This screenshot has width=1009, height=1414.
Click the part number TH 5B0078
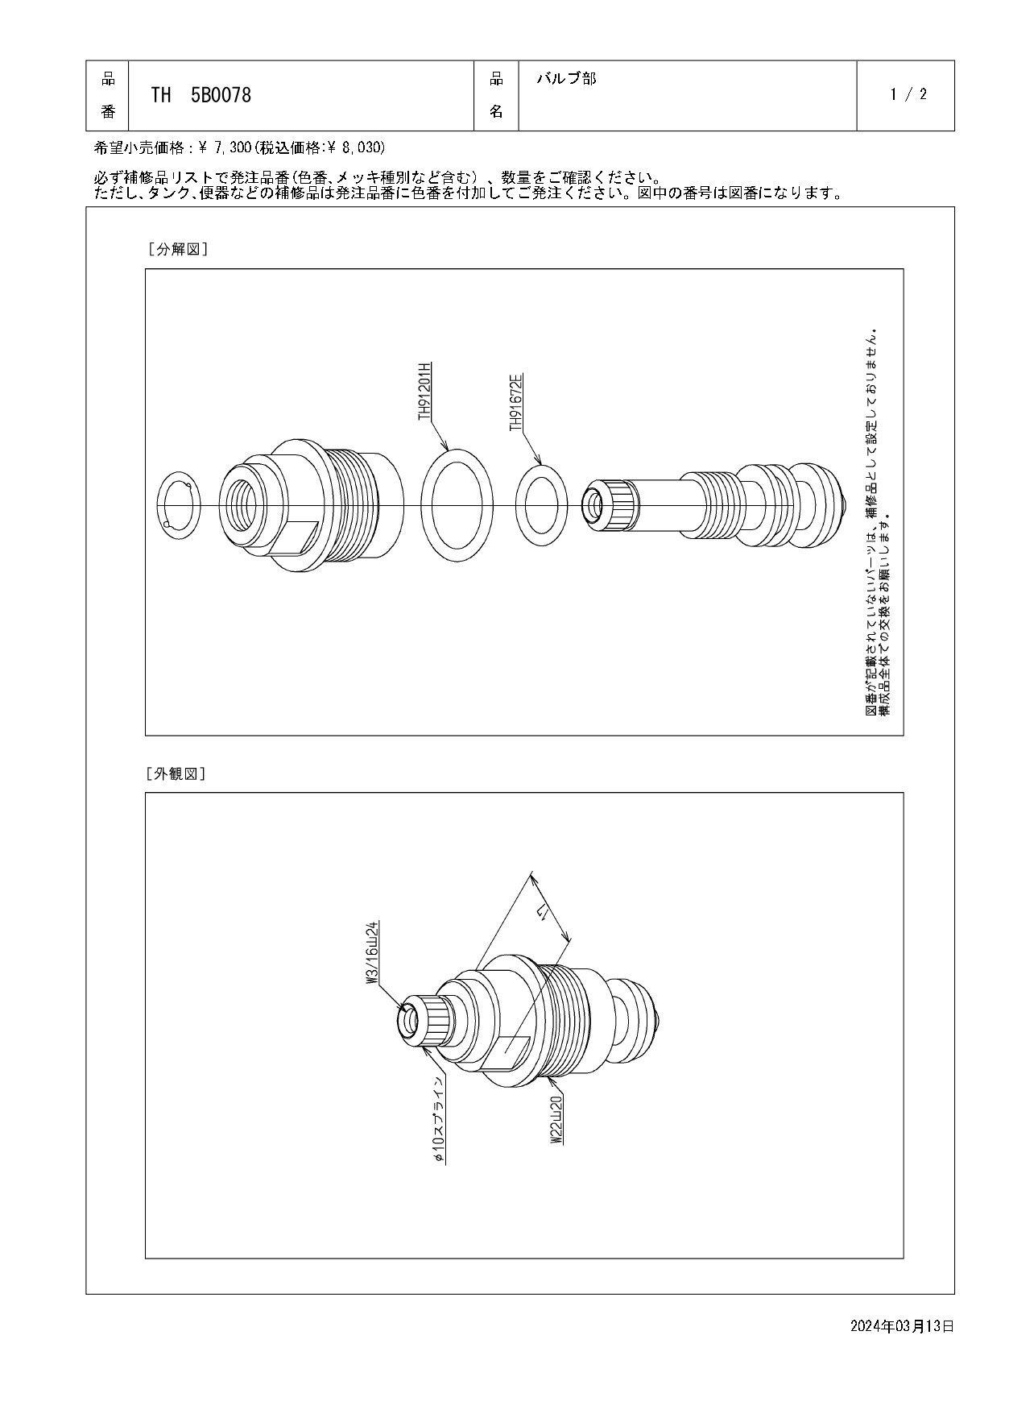(201, 95)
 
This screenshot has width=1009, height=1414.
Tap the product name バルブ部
(566, 79)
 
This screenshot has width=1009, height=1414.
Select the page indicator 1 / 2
(908, 94)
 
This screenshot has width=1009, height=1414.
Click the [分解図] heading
(177, 249)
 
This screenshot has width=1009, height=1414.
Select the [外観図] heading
(176, 773)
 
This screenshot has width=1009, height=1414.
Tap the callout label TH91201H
(424, 391)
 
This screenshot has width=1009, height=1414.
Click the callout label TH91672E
(515, 401)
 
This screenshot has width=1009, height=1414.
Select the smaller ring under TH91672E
(541, 505)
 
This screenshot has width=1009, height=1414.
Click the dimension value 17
(542, 913)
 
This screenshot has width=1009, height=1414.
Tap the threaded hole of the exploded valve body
(241, 504)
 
